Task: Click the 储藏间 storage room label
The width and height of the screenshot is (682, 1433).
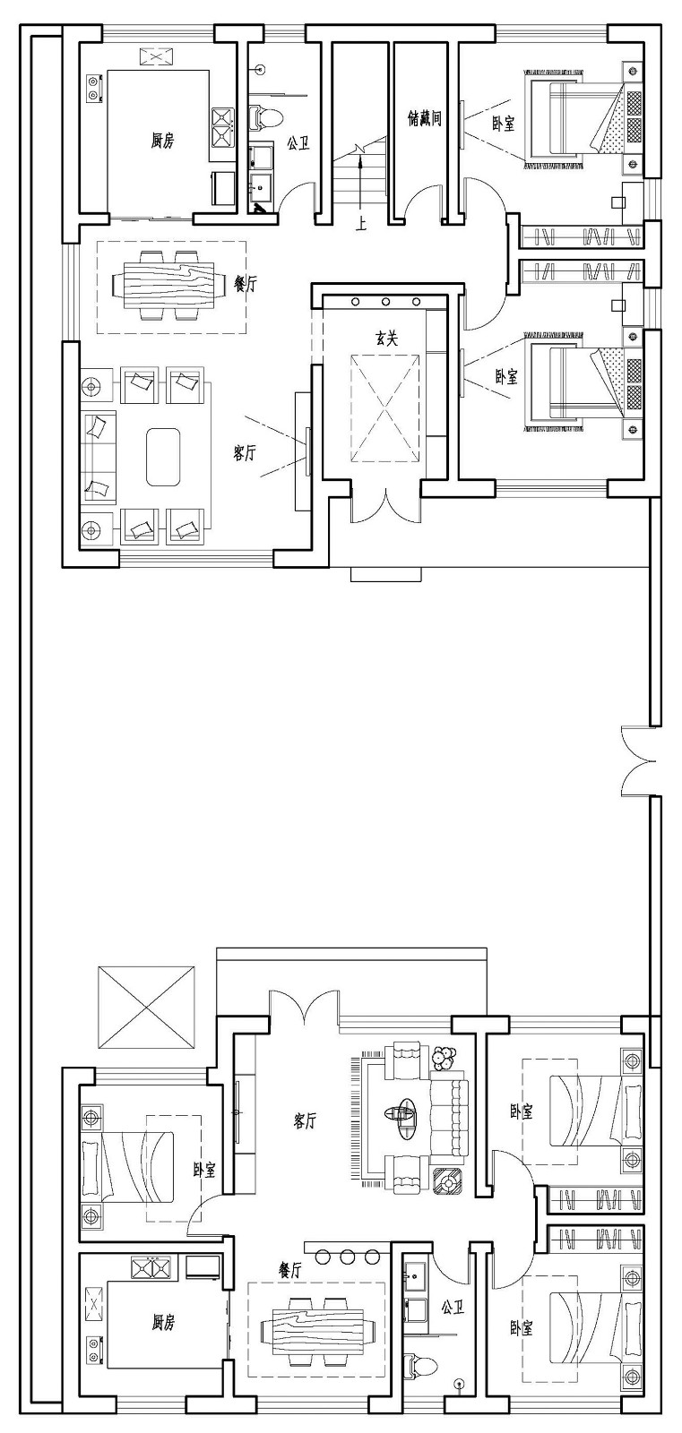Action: [425, 117]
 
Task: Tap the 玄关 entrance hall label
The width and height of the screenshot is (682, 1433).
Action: [386, 338]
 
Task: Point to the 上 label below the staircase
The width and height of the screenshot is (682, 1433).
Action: [361, 224]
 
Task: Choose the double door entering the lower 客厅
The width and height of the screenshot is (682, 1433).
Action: [304, 1007]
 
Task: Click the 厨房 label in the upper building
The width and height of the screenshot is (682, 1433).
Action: [162, 140]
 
